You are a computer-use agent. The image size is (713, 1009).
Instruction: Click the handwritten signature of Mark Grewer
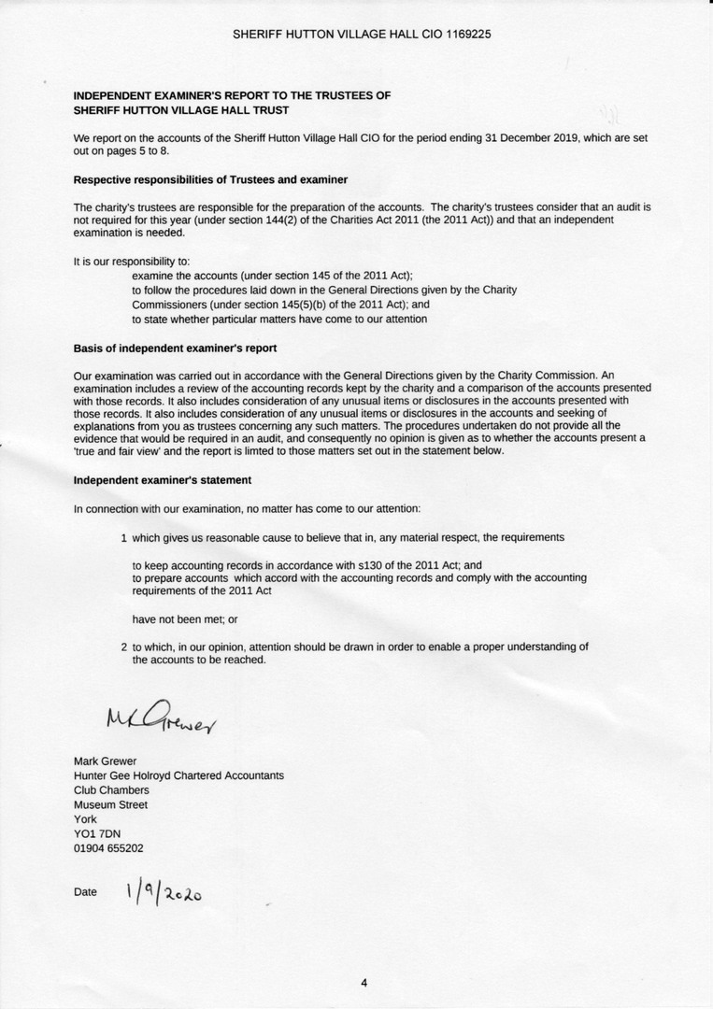click(x=160, y=719)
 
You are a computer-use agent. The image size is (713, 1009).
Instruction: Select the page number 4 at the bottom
click(x=364, y=982)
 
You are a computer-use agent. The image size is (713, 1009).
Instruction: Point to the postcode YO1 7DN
click(x=97, y=833)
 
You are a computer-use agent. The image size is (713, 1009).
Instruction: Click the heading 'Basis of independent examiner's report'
click(x=175, y=348)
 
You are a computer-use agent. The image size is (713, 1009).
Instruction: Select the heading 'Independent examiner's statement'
click(x=162, y=480)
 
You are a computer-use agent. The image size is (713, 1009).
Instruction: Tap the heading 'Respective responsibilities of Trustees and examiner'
click(x=211, y=179)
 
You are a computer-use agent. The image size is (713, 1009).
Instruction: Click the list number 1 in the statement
click(x=123, y=538)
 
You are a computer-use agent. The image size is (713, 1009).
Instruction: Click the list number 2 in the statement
click(x=123, y=647)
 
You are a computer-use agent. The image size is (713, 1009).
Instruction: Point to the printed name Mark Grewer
click(x=105, y=760)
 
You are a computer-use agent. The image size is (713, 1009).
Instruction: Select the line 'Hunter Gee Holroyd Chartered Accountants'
click(x=178, y=775)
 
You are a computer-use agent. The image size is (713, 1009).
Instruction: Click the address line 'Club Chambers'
click(x=111, y=790)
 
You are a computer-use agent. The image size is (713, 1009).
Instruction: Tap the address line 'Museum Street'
click(x=110, y=804)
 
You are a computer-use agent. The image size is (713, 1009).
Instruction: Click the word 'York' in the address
click(x=85, y=819)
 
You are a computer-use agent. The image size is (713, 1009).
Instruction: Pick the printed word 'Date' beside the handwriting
click(x=85, y=892)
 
